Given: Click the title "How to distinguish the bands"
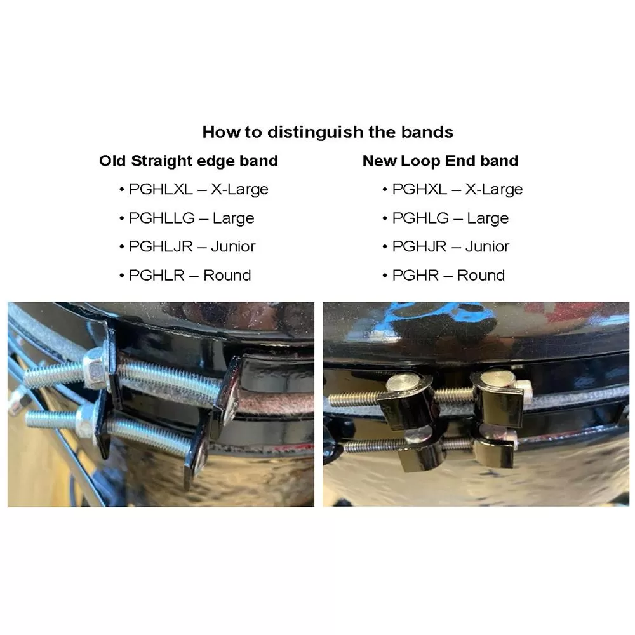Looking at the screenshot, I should [328, 132].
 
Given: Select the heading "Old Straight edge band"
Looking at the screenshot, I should [189, 161].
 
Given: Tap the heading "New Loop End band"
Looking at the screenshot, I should [440, 161].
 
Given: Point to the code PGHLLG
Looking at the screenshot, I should [161, 218].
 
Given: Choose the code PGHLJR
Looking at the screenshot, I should [160, 246].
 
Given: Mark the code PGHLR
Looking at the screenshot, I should [156, 275].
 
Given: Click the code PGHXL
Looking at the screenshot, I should [419, 189].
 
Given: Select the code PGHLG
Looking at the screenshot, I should [420, 218].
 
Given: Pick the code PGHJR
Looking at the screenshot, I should [419, 246].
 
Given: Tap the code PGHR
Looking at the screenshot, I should [415, 275].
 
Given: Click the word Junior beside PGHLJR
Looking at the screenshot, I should [233, 246].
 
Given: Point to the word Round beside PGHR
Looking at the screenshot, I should [481, 275].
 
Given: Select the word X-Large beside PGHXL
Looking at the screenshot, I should [493, 189].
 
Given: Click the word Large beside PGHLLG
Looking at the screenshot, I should [233, 218].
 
